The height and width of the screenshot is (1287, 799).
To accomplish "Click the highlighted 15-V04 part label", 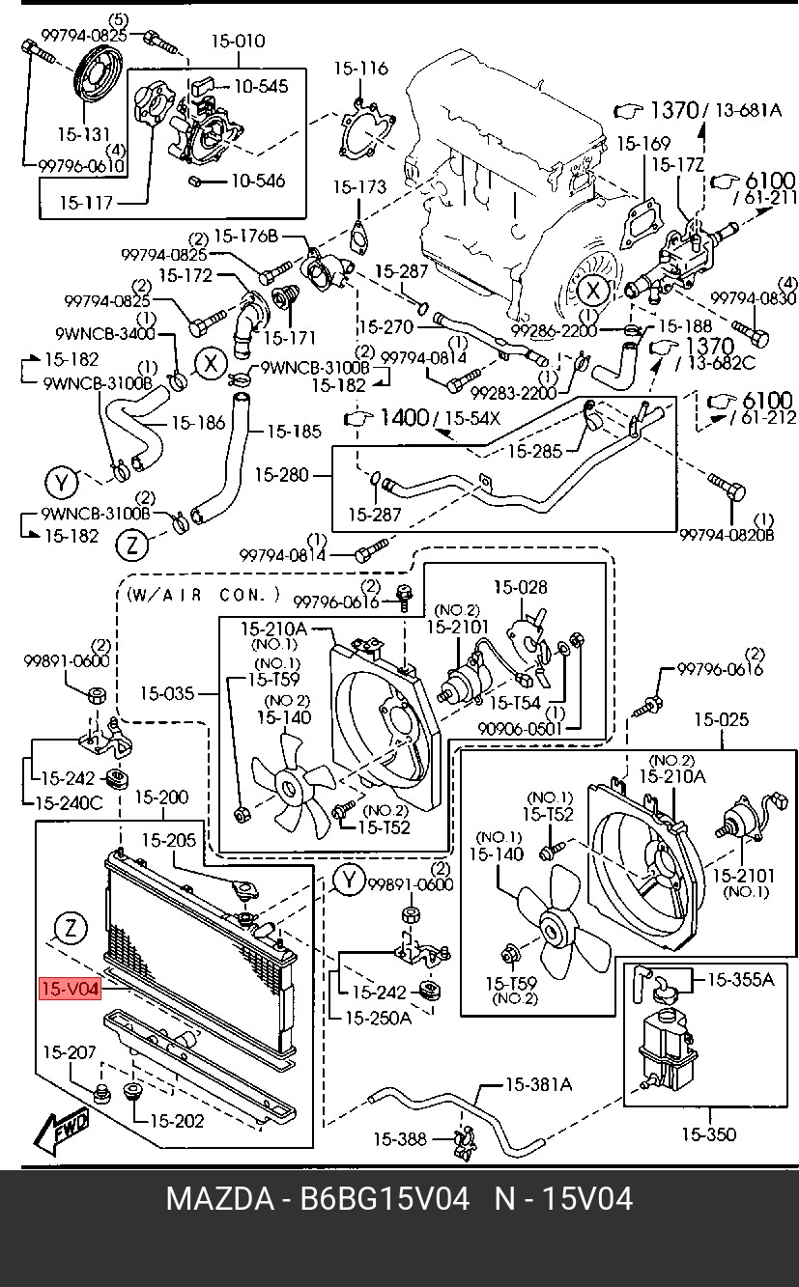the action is [x=70, y=989].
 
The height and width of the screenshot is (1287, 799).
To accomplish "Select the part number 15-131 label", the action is [x=84, y=134].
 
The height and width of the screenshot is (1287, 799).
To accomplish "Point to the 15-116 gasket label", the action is [x=361, y=69].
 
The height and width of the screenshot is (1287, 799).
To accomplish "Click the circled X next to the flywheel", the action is [x=592, y=291].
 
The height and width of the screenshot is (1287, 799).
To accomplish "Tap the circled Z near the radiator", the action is [x=71, y=928].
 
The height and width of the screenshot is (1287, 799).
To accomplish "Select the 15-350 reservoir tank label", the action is [x=709, y=1134].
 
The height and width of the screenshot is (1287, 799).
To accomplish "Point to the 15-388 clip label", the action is [x=400, y=1138].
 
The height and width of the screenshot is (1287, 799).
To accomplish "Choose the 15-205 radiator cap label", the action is [x=169, y=840].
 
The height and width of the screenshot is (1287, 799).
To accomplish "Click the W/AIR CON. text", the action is [x=203, y=594].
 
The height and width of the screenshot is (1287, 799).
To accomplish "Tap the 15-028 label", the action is [x=521, y=587].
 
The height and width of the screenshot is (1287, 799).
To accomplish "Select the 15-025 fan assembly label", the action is [x=722, y=719].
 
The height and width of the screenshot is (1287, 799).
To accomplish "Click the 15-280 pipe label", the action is [x=282, y=475].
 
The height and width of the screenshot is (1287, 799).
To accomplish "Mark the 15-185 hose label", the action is [x=294, y=431].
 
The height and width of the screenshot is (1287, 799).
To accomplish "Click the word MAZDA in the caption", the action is [x=220, y=1199].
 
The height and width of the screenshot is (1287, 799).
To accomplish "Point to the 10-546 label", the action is [x=258, y=181].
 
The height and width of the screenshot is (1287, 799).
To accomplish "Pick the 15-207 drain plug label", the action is [x=70, y=1052].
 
